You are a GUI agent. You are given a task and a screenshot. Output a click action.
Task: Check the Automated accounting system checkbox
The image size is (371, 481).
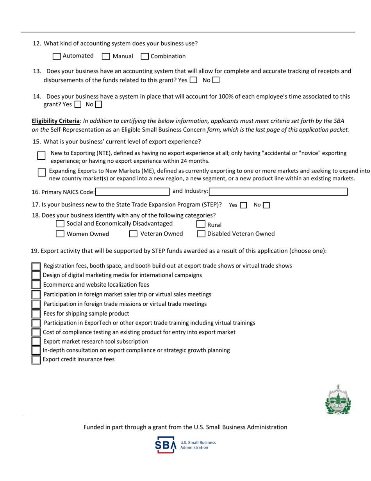pos(57,56)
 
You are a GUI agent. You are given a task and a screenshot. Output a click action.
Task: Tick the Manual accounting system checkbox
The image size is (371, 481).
pos(106,56)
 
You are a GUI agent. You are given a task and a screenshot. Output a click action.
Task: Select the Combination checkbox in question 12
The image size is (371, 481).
pos(144,56)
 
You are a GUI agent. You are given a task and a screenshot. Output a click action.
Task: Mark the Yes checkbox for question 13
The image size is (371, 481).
pos(193,80)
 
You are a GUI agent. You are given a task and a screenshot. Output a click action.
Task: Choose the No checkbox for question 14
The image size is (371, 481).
pos(98,104)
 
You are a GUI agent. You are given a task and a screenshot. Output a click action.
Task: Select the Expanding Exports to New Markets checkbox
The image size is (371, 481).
pos(42,172)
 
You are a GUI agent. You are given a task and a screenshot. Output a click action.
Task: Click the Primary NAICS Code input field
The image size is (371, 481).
pos(132,192)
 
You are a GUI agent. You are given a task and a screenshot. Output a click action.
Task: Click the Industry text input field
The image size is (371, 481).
pos(278,192)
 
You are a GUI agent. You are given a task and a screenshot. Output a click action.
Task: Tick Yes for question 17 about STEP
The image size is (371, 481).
pos(243,205)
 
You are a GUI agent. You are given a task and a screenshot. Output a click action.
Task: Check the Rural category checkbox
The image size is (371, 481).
pos(201,224)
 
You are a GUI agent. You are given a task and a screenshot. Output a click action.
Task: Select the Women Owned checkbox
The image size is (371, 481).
pos(60,234)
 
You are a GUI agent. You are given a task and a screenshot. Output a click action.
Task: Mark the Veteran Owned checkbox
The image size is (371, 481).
pos(133,234)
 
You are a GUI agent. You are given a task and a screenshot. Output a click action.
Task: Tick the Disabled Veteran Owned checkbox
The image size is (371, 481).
pos(201,234)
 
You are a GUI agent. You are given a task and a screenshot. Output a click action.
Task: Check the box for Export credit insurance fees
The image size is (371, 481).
pos(36,360)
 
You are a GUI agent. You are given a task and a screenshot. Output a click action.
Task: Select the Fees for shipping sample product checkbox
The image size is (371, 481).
pos(36,314)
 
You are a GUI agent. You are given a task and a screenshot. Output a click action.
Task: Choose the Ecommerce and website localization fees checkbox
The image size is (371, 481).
pos(36,285)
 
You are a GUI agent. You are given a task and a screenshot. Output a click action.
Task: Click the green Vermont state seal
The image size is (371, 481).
pos(338,400)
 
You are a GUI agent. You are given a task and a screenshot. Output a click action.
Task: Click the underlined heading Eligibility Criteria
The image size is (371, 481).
pos(55,121)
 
